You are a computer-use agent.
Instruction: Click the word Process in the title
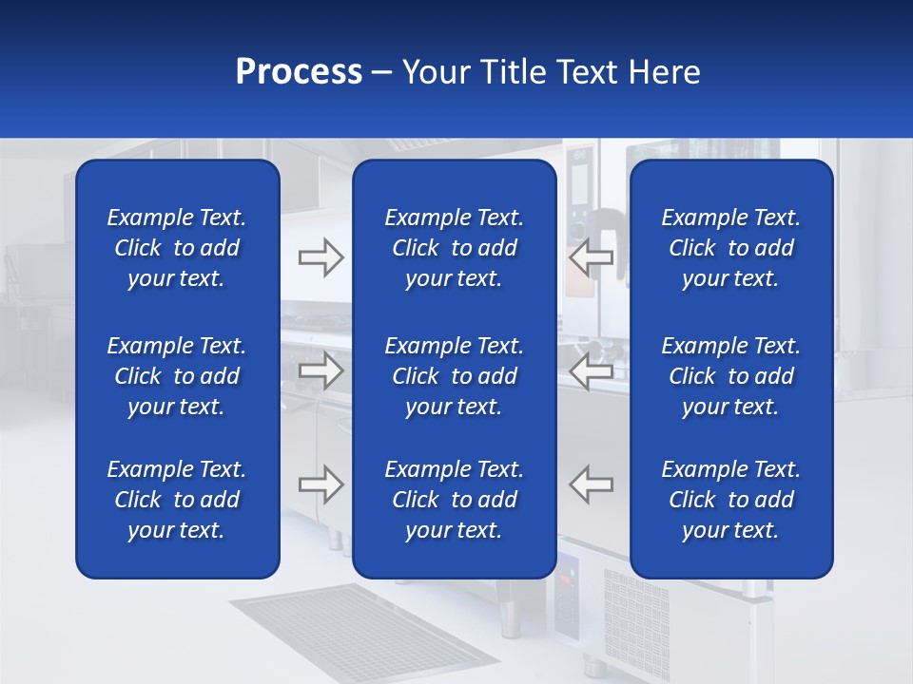click(299, 72)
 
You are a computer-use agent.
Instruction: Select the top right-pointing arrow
click(321, 257)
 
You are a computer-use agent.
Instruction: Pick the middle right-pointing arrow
click(321, 370)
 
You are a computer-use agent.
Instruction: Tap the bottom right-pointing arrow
click(321, 484)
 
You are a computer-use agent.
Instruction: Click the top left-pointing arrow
click(592, 257)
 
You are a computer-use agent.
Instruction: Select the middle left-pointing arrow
click(592, 370)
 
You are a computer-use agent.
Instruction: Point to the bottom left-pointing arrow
click(592, 484)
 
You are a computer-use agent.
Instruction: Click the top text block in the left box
click(177, 248)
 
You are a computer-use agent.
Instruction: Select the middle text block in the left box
click(177, 376)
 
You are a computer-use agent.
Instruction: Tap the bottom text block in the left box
click(177, 500)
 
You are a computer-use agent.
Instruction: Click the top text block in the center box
click(454, 248)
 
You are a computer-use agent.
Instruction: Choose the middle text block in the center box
click(454, 376)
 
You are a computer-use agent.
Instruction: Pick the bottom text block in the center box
click(454, 500)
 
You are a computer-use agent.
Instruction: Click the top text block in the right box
click(730, 248)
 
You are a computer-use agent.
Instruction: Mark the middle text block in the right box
click(730, 376)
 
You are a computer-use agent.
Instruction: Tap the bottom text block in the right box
click(730, 500)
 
